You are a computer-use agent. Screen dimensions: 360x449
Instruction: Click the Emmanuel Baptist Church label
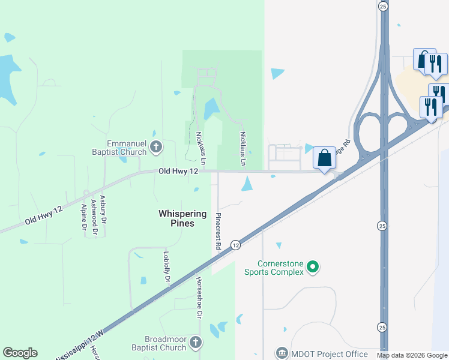tap(126, 148)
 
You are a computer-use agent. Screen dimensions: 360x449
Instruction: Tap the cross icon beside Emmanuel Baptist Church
tap(156, 146)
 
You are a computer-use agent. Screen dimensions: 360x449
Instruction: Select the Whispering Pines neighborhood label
tap(182, 218)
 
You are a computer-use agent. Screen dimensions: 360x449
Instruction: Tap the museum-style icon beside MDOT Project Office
tap(282, 352)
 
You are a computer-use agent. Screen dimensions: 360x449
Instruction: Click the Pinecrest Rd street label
tap(218, 230)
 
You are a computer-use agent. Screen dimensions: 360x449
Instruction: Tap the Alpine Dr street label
tap(83, 217)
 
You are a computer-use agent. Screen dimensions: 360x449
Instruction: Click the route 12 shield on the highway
tap(235, 245)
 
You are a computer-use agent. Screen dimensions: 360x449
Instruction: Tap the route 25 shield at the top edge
tap(382, 6)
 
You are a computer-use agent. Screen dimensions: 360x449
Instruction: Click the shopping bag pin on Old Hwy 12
tap(324, 158)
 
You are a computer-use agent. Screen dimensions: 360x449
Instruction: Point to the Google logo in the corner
tap(20, 353)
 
